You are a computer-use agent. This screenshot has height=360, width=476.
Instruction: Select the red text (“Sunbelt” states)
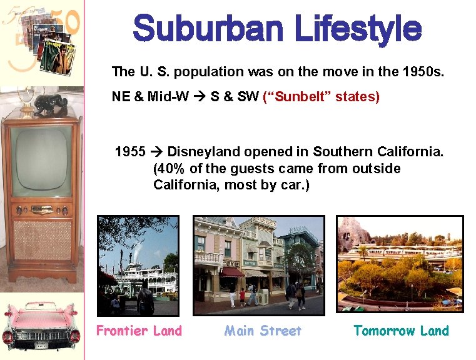click(322, 97)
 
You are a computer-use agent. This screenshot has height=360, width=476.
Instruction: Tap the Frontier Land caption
click(139, 331)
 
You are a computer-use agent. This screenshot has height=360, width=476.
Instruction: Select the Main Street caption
click(263, 331)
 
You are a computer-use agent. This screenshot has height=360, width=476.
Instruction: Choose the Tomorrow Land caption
click(401, 331)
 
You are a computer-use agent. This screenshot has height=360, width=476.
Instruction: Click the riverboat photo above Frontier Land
click(138, 265)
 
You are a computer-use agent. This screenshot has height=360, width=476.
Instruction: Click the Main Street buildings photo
click(258, 265)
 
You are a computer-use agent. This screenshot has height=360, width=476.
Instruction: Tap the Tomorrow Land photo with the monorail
click(400, 264)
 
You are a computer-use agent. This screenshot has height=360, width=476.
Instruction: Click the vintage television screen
click(41, 160)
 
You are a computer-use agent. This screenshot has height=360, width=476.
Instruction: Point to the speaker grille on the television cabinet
click(42, 240)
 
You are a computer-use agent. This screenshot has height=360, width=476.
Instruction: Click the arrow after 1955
click(158, 152)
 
